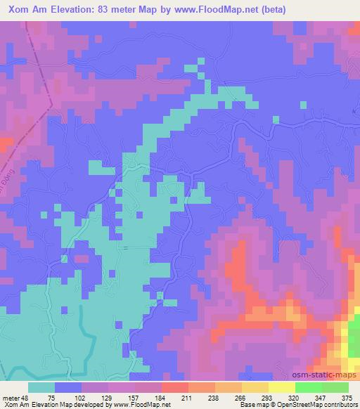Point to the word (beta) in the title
(292, 8)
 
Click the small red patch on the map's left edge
(4, 144)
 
